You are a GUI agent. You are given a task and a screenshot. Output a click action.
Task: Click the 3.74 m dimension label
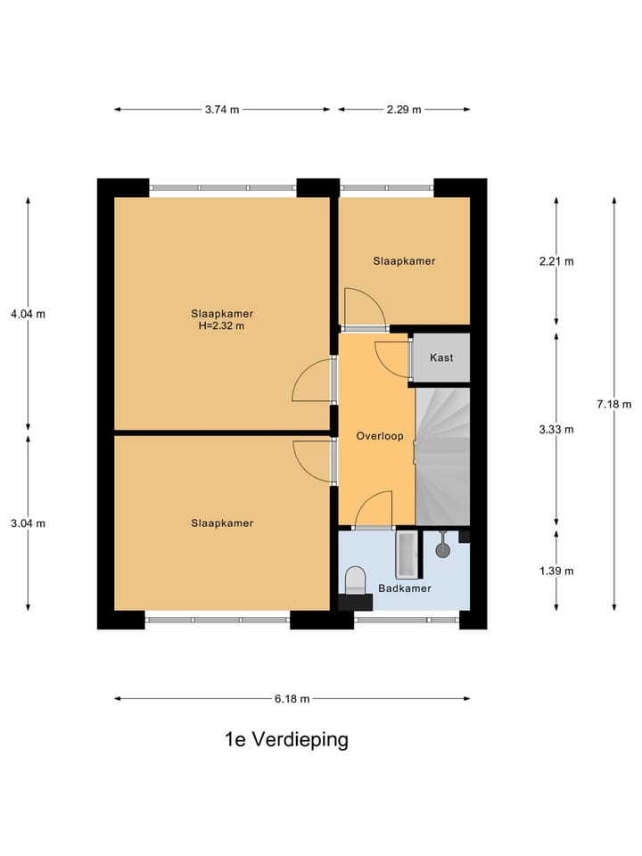click(x=222, y=110)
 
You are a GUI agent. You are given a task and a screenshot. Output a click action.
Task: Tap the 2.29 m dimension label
click(x=403, y=110)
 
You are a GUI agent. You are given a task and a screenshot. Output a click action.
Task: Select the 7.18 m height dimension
click(x=614, y=403)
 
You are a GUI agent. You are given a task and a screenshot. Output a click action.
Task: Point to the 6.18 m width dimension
click(x=292, y=699)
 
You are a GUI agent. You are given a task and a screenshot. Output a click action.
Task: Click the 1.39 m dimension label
click(x=556, y=571)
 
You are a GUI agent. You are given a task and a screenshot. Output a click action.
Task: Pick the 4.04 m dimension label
click(x=28, y=314)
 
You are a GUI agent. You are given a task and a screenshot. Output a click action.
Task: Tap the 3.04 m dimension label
click(x=28, y=523)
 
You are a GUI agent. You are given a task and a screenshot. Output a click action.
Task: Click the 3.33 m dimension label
click(x=556, y=429)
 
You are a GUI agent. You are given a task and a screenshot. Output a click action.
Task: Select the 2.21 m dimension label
click(x=556, y=261)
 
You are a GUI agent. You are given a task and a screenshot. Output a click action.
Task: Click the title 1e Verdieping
click(x=286, y=740)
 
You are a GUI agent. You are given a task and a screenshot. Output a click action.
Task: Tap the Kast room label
click(x=441, y=358)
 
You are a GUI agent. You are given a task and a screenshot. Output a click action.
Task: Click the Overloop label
click(x=380, y=437)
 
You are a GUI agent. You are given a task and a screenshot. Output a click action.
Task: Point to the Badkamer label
click(x=404, y=588)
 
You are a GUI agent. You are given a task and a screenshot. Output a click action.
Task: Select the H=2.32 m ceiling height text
click(x=222, y=325)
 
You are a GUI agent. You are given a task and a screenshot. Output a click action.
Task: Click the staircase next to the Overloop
click(x=443, y=455)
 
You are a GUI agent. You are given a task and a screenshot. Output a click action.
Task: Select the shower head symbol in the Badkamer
click(x=442, y=548)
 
